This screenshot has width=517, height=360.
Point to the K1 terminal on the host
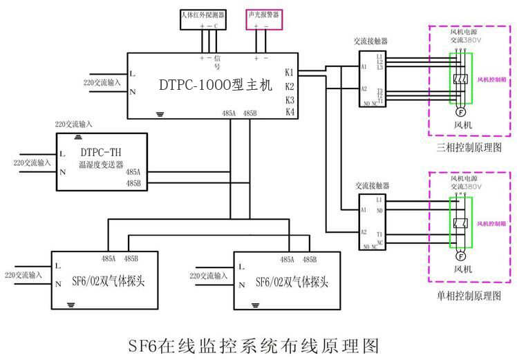coord(290,72)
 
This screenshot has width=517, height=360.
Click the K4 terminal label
coord(290,111)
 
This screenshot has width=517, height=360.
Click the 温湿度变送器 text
coord(101,166)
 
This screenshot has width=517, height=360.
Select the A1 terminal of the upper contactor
coord(364,67)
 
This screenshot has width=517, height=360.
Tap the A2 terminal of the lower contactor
coord(364,232)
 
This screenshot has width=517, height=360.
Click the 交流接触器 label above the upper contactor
coord(371,41)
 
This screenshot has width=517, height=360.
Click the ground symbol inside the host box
coord(160,113)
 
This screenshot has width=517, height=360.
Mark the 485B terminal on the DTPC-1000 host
coord(250,113)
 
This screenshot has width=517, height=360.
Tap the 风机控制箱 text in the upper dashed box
coord(491,79)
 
